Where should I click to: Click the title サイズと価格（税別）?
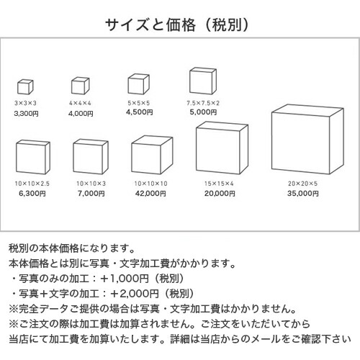pos(177,24)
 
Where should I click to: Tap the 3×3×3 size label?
pos(25,103)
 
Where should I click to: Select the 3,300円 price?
pos(26,113)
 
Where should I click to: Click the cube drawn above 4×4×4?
pos(81,86)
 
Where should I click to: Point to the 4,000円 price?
pos(81,113)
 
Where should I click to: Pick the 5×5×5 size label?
pos(139,103)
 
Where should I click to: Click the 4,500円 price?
pos(140,112)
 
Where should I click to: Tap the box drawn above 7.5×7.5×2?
pos(203,81)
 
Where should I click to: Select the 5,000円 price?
pos(203,112)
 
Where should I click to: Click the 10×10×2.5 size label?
pos(32,184)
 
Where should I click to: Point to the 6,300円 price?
pos(32,193)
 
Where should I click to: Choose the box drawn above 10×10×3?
pos(91,156)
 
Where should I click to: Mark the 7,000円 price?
pos(91,193)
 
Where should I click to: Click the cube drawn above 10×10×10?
pos(152,155)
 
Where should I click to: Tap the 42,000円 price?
pos(150,193)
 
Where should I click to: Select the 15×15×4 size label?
pos(219,184)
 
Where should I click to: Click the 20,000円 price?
pos(220,193)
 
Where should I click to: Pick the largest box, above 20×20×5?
pos(307,139)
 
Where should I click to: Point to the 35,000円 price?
pos(303,193)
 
